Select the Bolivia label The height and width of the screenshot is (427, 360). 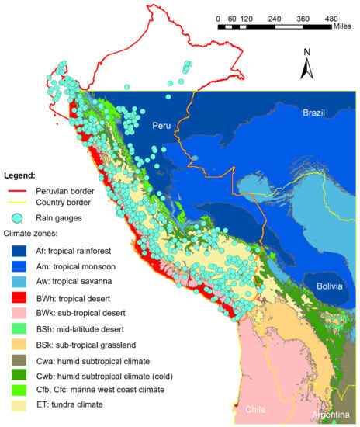coord(334,287)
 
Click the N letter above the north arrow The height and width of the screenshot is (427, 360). coord(307,53)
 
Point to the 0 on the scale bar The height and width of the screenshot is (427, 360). coord(220,17)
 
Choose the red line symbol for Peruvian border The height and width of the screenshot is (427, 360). coord(19,190)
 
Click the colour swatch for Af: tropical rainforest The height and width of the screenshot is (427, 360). coord(19,251)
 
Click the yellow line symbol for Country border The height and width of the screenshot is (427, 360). coord(19,204)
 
